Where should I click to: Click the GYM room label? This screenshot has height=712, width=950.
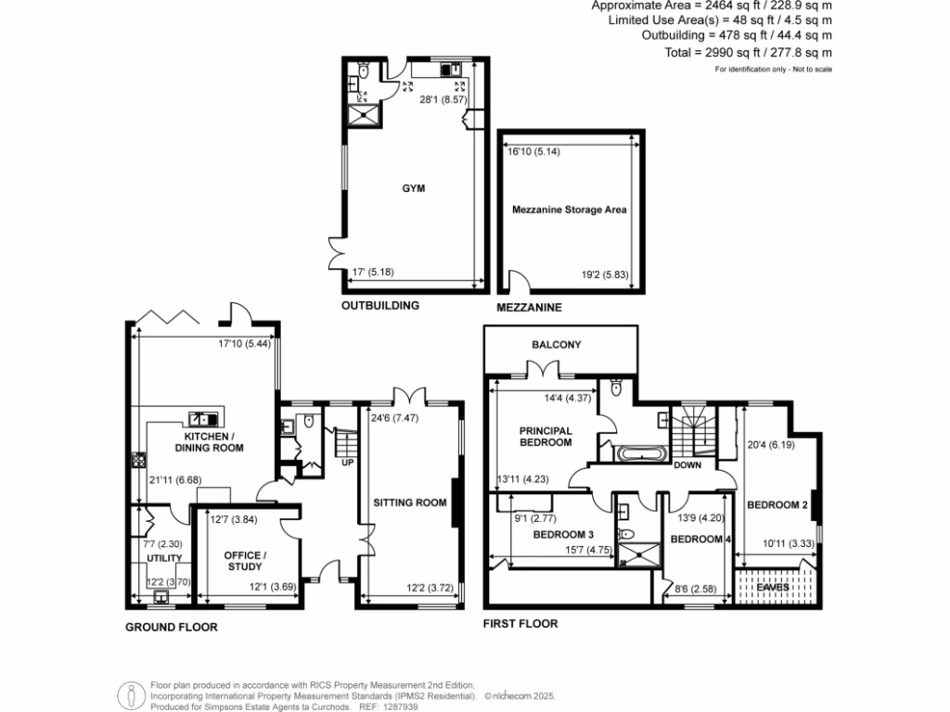[x=414, y=187]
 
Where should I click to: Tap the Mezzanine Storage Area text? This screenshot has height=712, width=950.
[x=570, y=210]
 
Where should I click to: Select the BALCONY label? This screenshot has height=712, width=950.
[x=557, y=345]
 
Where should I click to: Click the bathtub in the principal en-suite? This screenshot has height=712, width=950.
[x=637, y=454]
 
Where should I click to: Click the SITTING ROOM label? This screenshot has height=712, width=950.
[x=410, y=502]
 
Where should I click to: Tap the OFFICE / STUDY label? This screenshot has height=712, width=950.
[x=246, y=561]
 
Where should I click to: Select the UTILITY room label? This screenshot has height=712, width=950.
[x=161, y=558]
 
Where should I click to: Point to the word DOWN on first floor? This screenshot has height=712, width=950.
[x=688, y=464]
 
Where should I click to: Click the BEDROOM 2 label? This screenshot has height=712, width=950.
[x=777, y=505]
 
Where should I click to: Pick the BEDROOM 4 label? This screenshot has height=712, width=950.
[x=696, y=539]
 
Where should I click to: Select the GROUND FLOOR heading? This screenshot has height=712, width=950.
[x=172, y=628]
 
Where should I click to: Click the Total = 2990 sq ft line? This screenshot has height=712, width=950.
[x=749, y=54]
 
